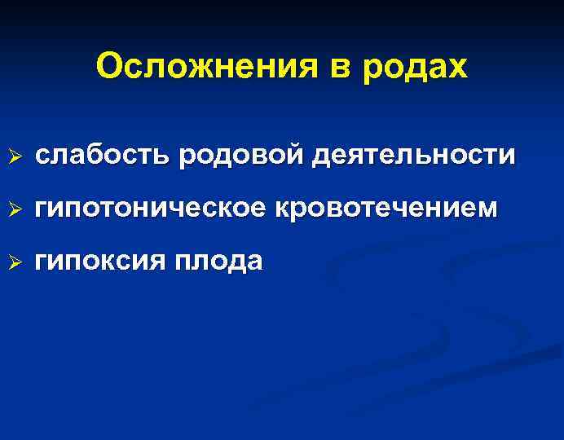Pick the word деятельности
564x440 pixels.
click(x=415, y=155)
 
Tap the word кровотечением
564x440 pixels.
click(x=387, y=209)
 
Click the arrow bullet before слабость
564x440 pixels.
click(x=11, y=155)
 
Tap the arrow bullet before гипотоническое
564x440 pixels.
click(x=11, y=209)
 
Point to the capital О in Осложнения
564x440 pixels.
click(x=108, y=68)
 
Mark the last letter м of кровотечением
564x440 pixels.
click(x=487, y=209)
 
